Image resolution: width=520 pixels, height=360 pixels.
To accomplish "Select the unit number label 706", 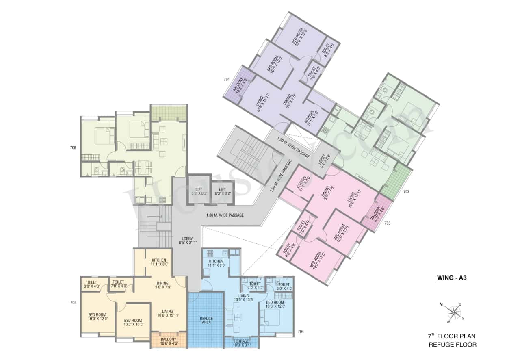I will coord(73,148).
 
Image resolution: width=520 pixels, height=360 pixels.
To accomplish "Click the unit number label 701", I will coord(227,79).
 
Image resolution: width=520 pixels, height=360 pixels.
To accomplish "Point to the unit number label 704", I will coord(301,332).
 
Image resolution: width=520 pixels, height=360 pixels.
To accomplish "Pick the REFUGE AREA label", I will coord(206,320).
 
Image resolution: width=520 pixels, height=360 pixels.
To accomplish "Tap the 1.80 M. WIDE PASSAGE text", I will coord(225,215).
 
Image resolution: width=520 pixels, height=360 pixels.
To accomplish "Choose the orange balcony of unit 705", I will coord(169,340).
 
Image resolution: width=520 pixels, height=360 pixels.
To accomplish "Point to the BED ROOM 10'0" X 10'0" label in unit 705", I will coord(133,322).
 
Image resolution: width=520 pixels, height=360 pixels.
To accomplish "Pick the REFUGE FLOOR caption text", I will coord(453,345).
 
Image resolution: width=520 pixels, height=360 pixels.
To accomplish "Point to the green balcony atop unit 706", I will coord(169,113).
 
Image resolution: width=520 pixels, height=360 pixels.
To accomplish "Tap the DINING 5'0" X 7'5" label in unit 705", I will coord(162,286).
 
